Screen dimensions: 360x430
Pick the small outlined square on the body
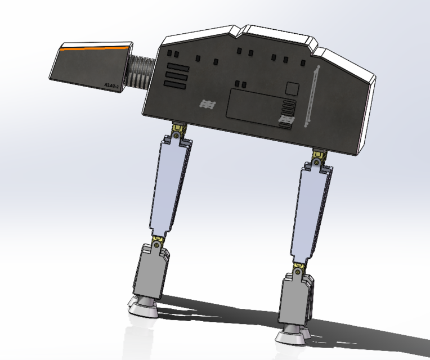coord(293,88)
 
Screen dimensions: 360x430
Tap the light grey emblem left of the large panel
coord(208,104)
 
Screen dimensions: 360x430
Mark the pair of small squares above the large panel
coord(240,84)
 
